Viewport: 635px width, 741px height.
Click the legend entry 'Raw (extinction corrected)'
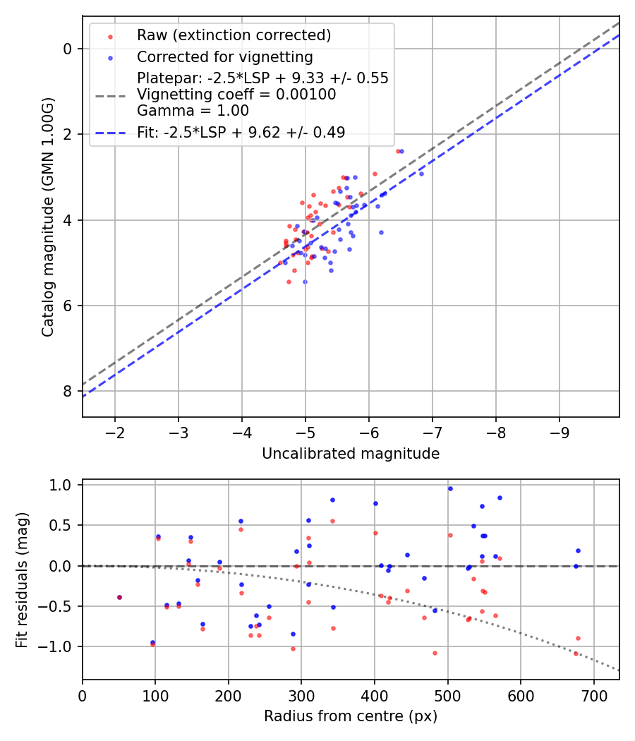point(234,35)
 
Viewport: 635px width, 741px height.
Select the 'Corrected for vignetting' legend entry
point(224,56)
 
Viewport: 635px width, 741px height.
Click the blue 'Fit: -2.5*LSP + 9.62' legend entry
point(241,132)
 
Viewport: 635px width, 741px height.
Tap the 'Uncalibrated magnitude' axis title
point(351,454)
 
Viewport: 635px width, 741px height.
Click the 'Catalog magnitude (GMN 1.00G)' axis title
point(47,216)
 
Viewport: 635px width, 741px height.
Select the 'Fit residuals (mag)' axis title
point(22,579)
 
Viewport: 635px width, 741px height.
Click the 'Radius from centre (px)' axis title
point(351,716)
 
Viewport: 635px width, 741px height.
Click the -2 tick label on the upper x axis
point(115,432)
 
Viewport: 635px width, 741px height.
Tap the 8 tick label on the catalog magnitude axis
point(67,391)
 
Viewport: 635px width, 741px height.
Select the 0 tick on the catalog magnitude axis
point(67,49)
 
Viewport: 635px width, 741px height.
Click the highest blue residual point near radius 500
point(450,488)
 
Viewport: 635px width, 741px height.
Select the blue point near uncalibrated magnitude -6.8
point(421,173)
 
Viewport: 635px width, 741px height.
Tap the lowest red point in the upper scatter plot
point(289,282)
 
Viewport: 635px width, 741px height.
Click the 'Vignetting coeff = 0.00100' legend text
point(236,94)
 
